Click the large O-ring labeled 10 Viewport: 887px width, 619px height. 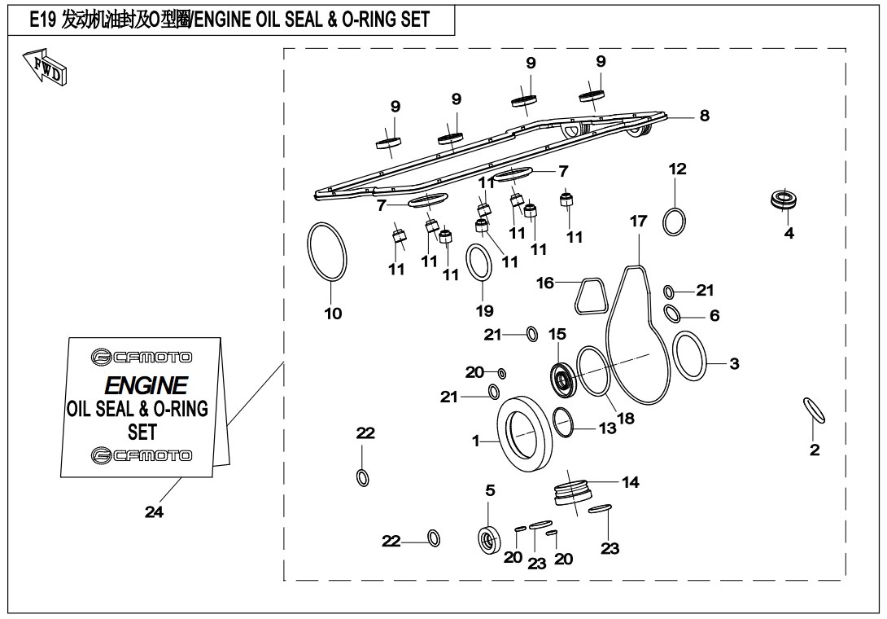coord(327,251)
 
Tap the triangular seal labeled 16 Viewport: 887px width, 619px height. coord(590,296)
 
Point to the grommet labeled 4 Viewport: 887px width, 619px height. coord(783,200)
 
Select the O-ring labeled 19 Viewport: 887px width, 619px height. coord(479,262)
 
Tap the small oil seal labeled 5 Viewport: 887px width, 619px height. coord(489,540)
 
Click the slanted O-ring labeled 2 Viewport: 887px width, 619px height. coord(814,410)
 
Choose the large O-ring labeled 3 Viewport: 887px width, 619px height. coord(689,358)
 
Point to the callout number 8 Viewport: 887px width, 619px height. coord(704,116)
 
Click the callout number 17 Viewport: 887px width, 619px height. coord(639,221)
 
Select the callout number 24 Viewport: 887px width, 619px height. coord(154,512)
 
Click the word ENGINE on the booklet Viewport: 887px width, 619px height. coord(146,386)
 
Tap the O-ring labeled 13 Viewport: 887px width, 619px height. coord(563,423)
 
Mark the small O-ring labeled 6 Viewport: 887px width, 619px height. coord(672,313)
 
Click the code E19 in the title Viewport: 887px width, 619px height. coord(43,20)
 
